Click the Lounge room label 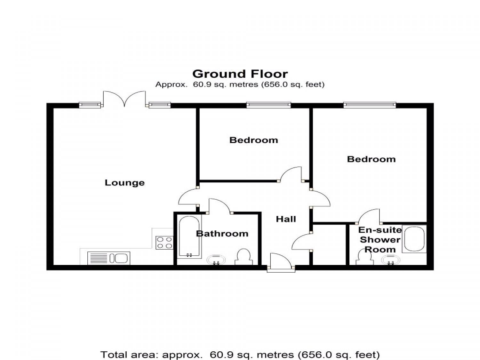124,183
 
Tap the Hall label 285,219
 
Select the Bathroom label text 222,234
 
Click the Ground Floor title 240,74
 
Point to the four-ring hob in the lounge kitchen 164,243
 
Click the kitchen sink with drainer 109,258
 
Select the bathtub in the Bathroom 189,236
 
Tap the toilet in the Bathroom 244,257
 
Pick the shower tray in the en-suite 414,239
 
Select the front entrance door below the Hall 281,262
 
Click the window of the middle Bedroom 268,105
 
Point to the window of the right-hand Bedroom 370,105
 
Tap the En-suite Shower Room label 380,240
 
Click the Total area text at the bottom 240,355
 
